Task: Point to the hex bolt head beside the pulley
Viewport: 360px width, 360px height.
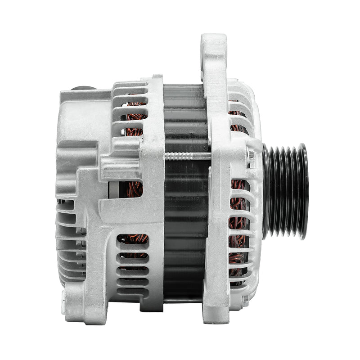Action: [251, 156]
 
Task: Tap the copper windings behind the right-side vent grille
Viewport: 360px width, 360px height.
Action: [238, 225]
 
